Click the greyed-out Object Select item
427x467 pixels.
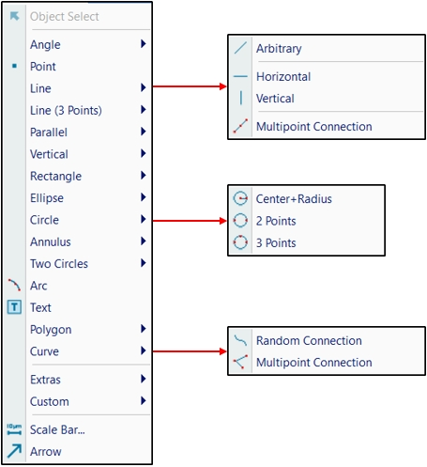tap(65, 16)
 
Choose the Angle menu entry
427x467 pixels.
tap(45, 45)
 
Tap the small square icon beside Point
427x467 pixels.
tap(14, 66)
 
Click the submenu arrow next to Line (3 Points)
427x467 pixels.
tap(144, 110)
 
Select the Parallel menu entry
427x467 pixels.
tap(49, 132)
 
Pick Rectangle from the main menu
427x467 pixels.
tap(55, 177)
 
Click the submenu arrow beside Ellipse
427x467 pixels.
tap(144, 197)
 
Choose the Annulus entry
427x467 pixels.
tap(51, 241)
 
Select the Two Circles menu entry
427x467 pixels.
tap(59, 264)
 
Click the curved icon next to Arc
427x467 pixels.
tap(15, 285)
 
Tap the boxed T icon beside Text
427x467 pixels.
tap(14, 307)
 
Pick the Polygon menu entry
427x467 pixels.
tap(51, 330)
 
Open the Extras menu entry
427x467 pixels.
tap(45, 380)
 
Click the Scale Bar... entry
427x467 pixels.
tap(57, 429)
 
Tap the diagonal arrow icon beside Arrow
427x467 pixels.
tap(14, 451)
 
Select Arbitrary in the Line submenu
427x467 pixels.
tap(279, 49)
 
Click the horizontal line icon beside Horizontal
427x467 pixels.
tap(240, 76)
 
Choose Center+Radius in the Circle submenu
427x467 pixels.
tap(294, 199)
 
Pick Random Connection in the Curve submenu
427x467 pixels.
tap(309, 340)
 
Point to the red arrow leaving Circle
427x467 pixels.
tap(190, 221)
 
